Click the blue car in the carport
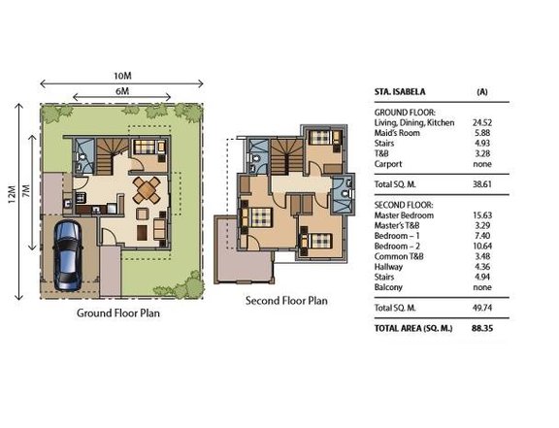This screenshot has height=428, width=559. click(x=68, y=255)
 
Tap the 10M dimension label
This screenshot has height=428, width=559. click(x=122, y=76)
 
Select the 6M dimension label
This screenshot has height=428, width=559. click(x=122, y=91)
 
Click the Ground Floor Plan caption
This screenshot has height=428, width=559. click(x=118, y=313)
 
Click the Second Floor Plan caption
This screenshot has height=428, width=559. click(x=286, y=301)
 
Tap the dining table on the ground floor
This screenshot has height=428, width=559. click(x=147, y=189)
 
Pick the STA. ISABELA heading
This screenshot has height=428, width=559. click(x=400, y=91)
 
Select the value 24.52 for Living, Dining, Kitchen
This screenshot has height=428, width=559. click(x=482, y=122)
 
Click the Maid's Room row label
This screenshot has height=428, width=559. click(x=397, y=133)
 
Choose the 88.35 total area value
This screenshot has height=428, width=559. click(x=482, y=328)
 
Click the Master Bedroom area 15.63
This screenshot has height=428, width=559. click(x=482, y=215)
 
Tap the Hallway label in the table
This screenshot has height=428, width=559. click(x=388, y=267)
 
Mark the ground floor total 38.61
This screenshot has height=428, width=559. click(x=482, y=184)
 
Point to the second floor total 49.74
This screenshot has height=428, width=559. click(x=482, y=308)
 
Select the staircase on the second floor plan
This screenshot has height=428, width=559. click(x=287, y=157)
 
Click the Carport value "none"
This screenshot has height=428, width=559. click(x=482, y=164)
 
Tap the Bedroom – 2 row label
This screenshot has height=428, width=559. click(x=397, y=247)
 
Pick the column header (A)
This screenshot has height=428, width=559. click(x=482, y=91)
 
